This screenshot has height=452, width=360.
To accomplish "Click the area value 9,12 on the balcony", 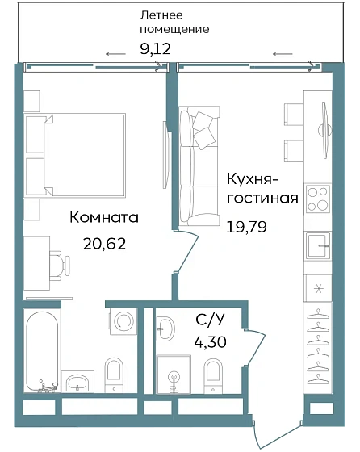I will click(x=156, y=49).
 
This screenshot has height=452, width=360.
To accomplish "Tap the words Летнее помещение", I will click(x=173, y=22).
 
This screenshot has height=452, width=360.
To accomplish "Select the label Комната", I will click(x=104, y=217).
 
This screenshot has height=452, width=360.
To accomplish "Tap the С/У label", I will click(x=211, y=320).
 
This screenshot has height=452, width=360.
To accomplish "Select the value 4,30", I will click(x=211, y=341).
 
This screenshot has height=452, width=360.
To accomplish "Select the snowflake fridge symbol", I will click(x=316, y=287).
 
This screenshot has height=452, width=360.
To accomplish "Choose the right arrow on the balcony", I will click(x=283, y=53).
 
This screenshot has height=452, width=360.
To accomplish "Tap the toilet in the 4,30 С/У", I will click(x=213, y=372).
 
